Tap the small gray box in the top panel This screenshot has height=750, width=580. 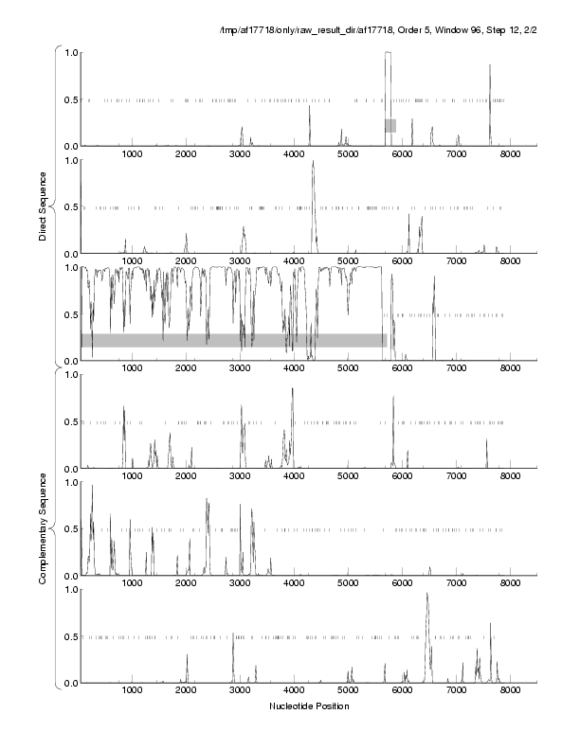click(390, 125)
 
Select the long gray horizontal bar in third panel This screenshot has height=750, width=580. click(233, 340)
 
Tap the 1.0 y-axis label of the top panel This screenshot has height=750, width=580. click(68, 53)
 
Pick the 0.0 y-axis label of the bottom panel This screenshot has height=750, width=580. click(68, 683)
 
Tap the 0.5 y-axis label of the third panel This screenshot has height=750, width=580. click(68, 314)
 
